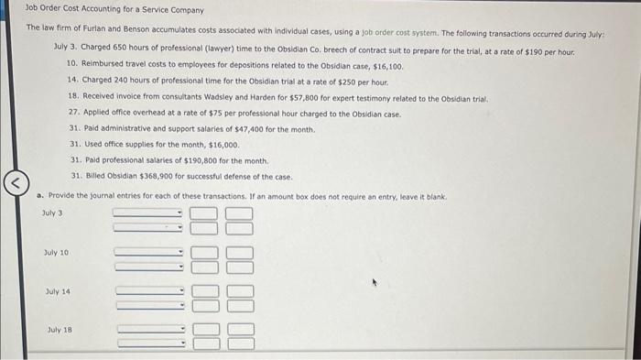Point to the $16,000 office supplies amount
pyautogui.click(x=223, y=145)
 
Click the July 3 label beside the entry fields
pyautogui.click(x=51, y=213)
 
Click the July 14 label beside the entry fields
pyautogui.click(x=57, y=291)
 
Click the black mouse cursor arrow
pyautogui.click(x=374, y=285)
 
